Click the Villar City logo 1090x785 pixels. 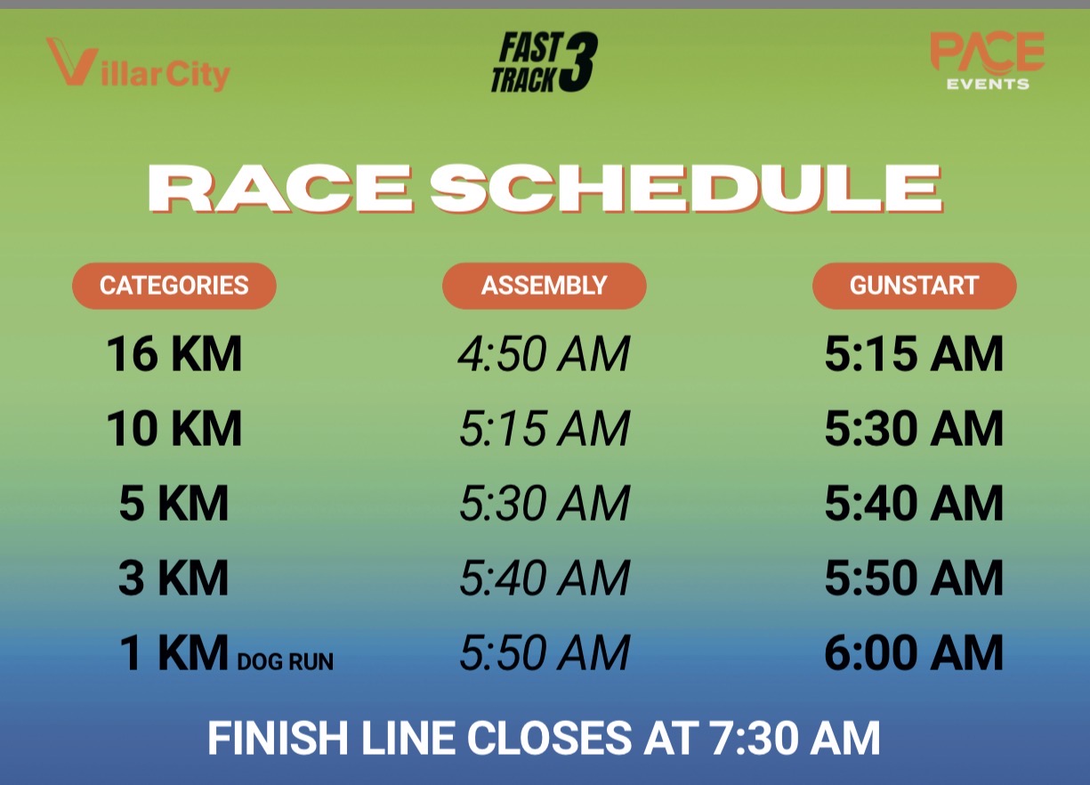[x=138, y=65]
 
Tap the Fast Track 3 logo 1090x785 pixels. [x=544, y=62]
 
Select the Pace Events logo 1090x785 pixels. [x=988, y=61]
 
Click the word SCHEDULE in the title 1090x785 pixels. [x=686, y=189]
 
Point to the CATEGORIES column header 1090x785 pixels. [x=174, y=286]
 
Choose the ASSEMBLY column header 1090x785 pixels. [x=544, y=286]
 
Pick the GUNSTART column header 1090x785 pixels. [x=915, y=286]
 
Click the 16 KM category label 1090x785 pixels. [x=174, y=354]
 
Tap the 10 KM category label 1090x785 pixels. [x=174, y=428]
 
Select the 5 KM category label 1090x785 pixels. [x=174, y=503]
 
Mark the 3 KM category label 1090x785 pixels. [x=174, y=578]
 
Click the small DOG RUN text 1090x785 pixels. [x=285, y=662]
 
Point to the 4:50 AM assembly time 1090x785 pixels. [x=544, y=354]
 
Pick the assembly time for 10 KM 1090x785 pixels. [x=544, y=428]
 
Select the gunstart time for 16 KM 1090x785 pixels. [x=915, y=354]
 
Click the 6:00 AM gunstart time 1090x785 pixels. [x=915, y=652]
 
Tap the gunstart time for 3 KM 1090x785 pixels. [x=915, y=578]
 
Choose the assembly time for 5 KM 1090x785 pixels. [x=544, y=503]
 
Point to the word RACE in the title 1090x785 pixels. [x=281, y=189]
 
